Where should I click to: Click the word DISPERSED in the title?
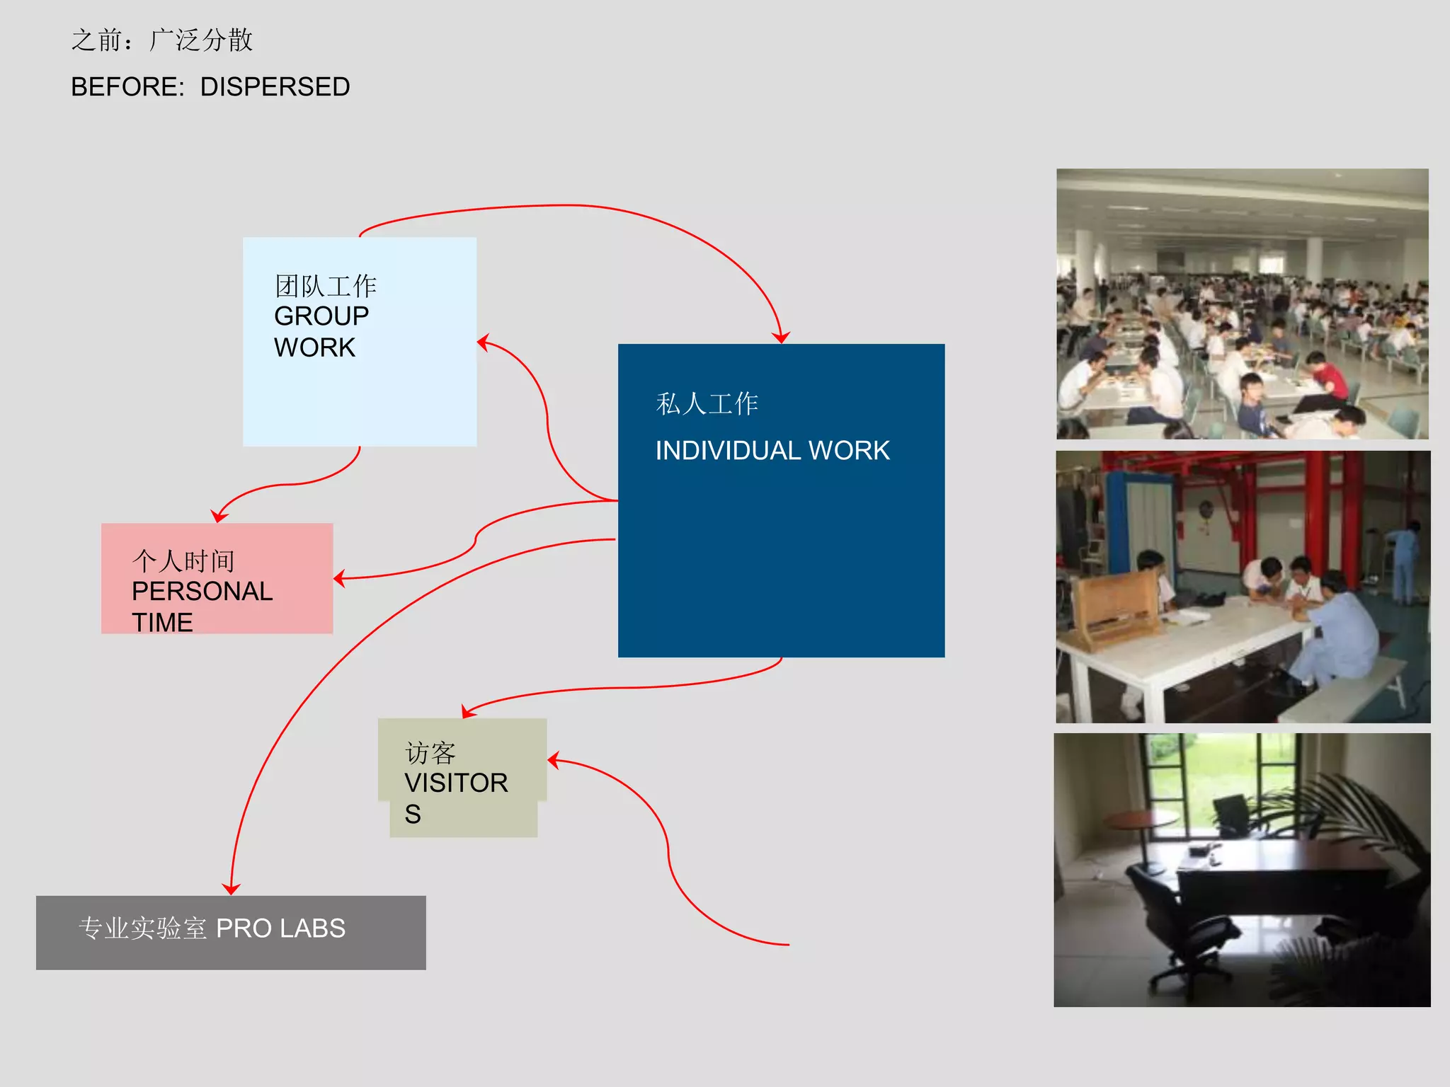275,87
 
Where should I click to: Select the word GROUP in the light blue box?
321,316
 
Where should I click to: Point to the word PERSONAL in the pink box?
202,591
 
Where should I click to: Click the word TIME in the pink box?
162,623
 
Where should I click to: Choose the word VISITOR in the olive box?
456,783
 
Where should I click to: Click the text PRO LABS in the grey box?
280,928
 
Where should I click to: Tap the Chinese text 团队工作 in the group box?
326,286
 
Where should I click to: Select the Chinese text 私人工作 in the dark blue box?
707,404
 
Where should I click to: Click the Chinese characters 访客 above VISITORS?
430,753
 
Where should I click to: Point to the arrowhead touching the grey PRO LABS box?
231,889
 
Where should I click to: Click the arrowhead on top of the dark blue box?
781,338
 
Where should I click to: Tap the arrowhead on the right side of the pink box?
340,579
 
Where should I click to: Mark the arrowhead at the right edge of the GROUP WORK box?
484,343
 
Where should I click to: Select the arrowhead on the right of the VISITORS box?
554,761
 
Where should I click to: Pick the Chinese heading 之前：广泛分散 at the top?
162,40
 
